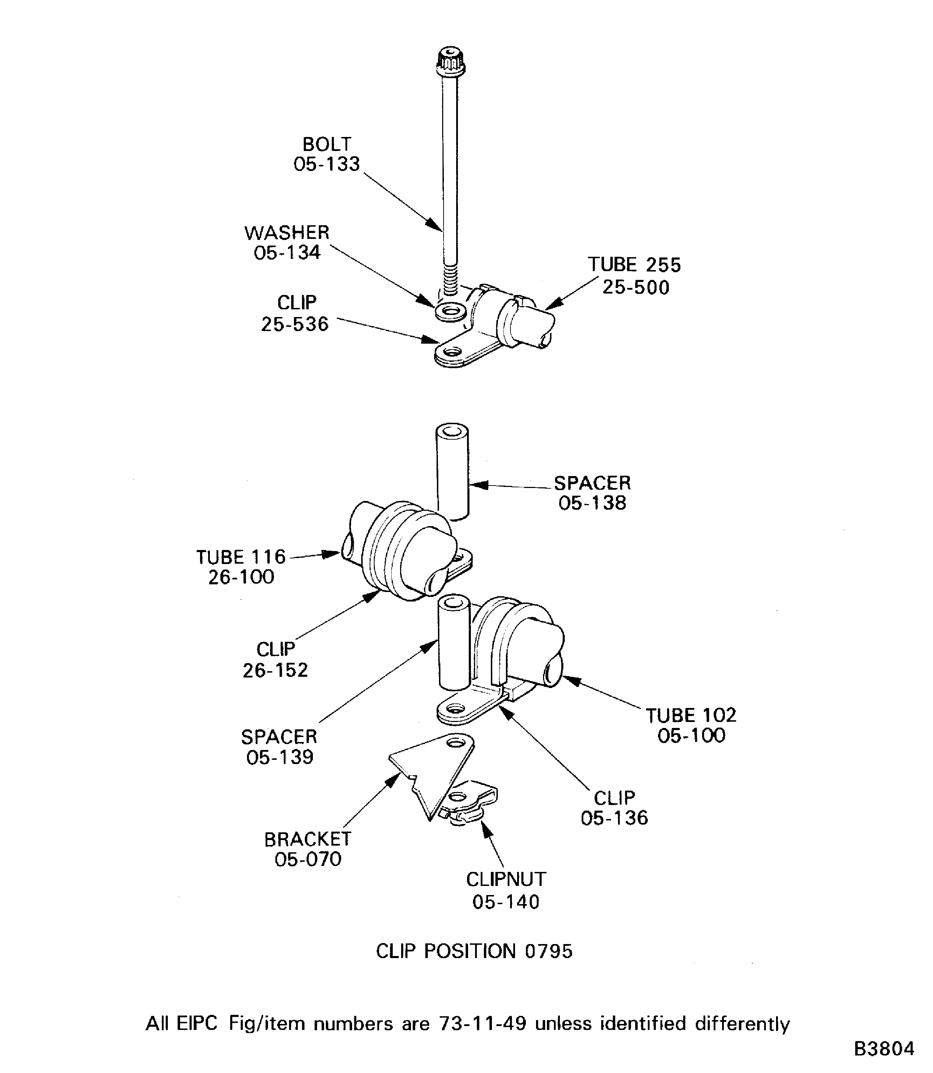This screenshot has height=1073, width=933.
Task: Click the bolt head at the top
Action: [x=451, y=61]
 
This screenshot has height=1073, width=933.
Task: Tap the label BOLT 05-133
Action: [x=327, y=154]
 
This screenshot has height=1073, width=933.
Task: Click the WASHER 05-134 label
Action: [x=287, y=242]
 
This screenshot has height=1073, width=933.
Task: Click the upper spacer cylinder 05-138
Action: [x=452, y=471]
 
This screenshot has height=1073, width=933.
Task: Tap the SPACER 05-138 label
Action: [x=592, y=493]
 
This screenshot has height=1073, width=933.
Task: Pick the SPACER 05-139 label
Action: [x=280, y=747]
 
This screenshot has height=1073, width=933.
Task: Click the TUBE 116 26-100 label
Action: [x=241, y=567]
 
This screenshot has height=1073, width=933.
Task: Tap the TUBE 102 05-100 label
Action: [x=691, y=725]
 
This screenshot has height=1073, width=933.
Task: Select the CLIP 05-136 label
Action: [x=615, y=807]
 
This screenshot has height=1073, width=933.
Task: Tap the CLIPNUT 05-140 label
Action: [x=506, y=890]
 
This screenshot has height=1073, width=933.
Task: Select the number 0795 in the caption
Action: [x=548, y=951]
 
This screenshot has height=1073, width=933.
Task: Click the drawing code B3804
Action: [x=884, y=1048]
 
